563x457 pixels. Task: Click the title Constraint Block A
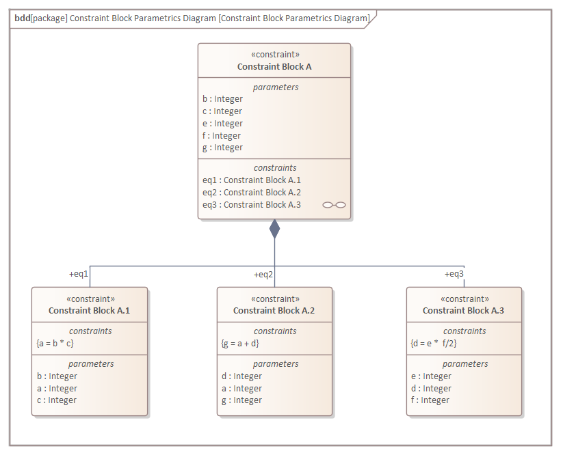point(274,67)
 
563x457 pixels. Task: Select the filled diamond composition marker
point(274,229)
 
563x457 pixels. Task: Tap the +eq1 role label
point(79,274)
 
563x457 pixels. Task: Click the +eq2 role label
point(263,274)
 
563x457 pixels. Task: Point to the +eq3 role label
point(454,274)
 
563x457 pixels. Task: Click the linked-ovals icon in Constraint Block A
point(334,205)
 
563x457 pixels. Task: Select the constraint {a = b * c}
point(55,343)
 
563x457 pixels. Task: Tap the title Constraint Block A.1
point(89,311)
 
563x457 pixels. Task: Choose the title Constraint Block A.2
point(274,311)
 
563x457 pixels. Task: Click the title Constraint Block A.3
point(463,311)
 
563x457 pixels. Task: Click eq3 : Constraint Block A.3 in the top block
point(251,205)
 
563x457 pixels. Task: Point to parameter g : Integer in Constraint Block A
point(222,148)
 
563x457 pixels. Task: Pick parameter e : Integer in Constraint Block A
point(222,124)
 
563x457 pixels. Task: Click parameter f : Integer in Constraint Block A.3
point(430,400)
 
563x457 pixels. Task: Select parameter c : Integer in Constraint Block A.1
point(57,400)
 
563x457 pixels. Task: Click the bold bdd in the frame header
point(22,18)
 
